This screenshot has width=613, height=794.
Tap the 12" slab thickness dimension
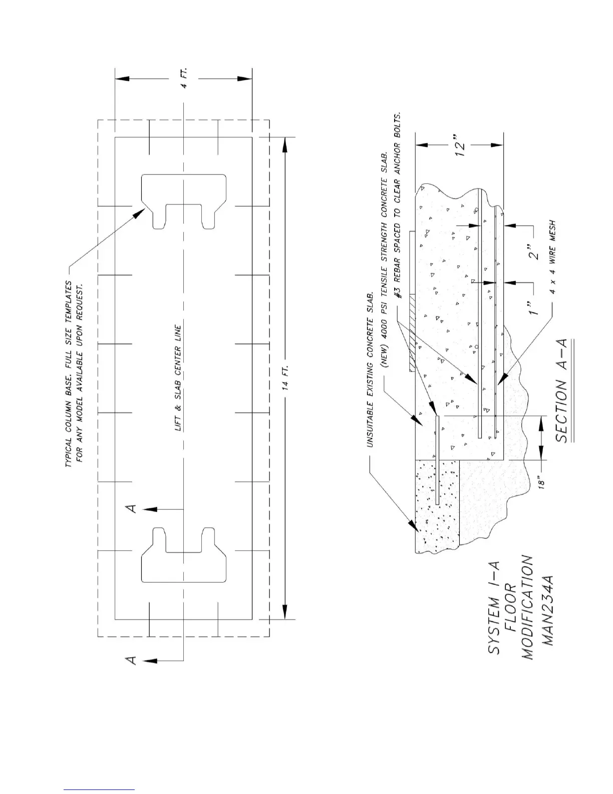click(x=461, y=145)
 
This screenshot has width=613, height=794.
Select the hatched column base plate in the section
click(x=411, y=333)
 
